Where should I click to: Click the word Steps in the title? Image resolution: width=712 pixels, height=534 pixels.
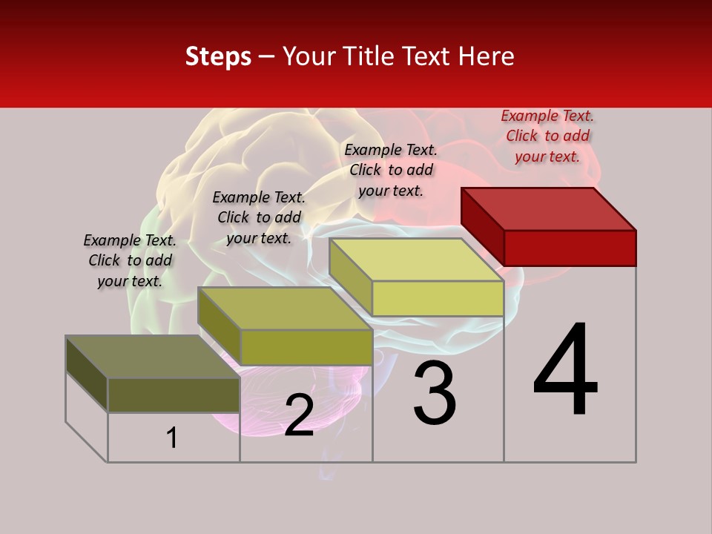pyautogui.click(x=217, y=56)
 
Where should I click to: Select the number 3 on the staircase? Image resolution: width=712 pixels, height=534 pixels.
pyautogui.click(x=435, y=395)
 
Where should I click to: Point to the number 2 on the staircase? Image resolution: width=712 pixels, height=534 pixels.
pyautogui.click(x=299, y=415)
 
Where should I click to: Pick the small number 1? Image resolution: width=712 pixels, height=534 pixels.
pyautogui.click(x=172, y=438)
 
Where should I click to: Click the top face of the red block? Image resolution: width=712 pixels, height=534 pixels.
pyautogui.click(x=547, y=208)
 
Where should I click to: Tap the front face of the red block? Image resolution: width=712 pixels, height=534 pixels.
pyautogui.click(x=570, y=248)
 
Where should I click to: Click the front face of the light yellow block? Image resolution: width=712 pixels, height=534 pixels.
pyautogui.click(x=438, y=299)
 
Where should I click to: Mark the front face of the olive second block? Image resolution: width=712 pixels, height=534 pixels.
pyautogui.click(x=306, y=347)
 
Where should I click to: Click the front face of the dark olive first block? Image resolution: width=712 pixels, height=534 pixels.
pyautogui.click(x=174, y=395)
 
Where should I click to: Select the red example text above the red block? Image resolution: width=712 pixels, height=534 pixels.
pyautogui.click(x=547, y=136)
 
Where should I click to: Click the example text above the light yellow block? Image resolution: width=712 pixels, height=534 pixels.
pyautogui.click(x=391, y=170)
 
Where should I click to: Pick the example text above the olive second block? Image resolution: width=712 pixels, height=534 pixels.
pyautogui.click(x=259, y=217)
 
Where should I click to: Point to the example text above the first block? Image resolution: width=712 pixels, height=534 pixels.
pyautogui.click(x=130, y=260)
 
